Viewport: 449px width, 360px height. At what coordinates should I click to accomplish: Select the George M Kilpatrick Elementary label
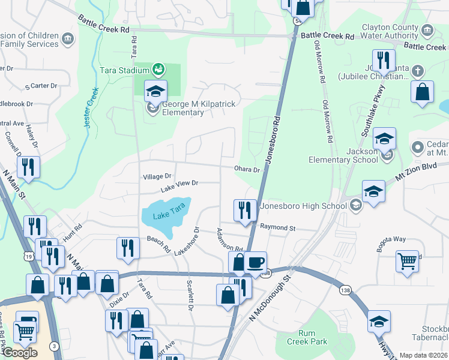(x=199, y=108)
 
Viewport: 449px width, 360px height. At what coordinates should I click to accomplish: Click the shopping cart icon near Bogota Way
(x=408, y=261)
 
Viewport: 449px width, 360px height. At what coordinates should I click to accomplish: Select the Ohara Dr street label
(x=247, y=170)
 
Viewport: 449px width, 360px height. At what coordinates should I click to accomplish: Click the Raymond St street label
(x=278, y=227)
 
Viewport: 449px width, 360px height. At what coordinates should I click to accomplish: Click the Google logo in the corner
(x=20, y=353)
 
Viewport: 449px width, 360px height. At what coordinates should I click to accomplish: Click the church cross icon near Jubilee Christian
(x=418, y=70)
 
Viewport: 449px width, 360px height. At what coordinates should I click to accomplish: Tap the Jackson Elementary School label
(x=343, y=156)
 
